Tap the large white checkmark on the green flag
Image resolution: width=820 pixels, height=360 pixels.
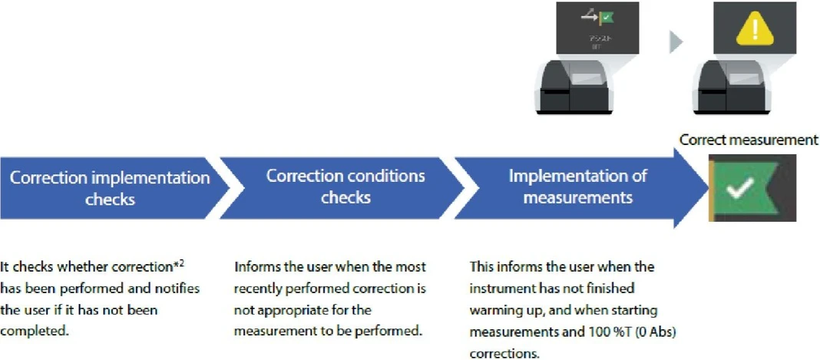740,188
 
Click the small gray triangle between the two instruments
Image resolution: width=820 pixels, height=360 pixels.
675,42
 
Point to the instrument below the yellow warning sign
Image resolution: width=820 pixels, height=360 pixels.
729,88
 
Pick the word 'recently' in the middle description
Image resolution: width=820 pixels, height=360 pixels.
259,289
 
